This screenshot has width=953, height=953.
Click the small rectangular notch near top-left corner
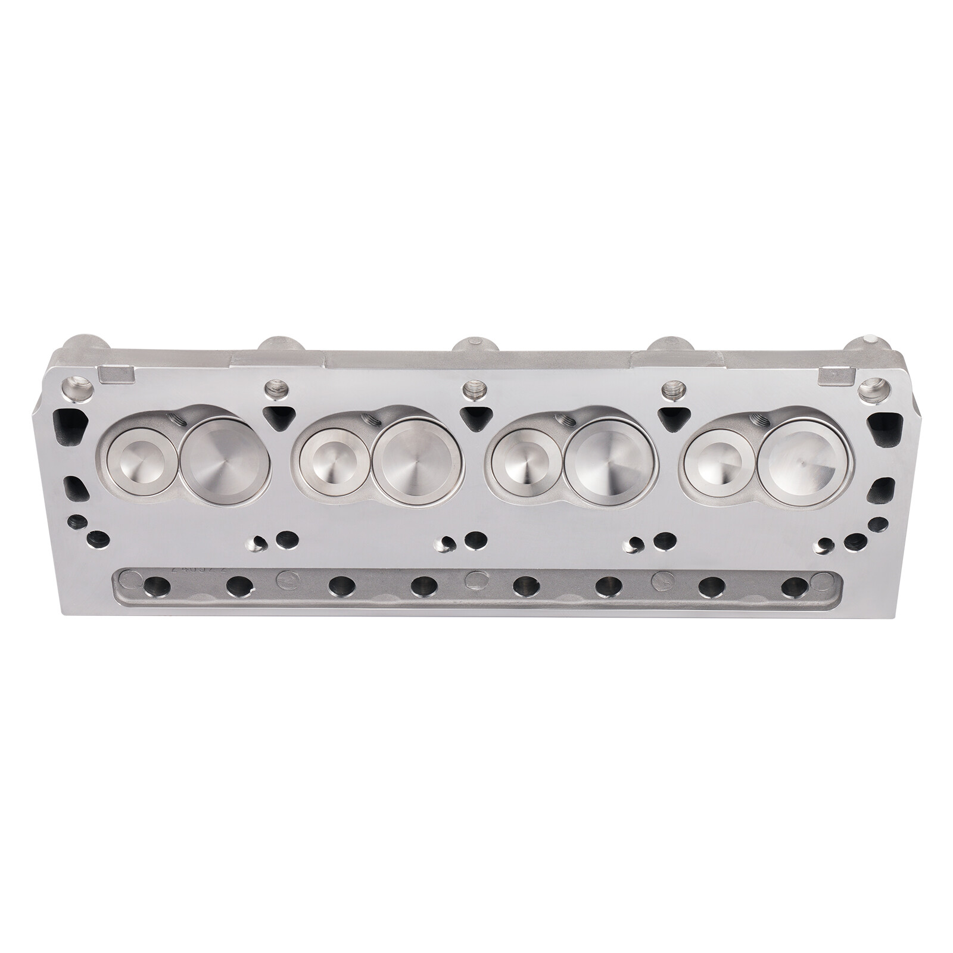point(116,374)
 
